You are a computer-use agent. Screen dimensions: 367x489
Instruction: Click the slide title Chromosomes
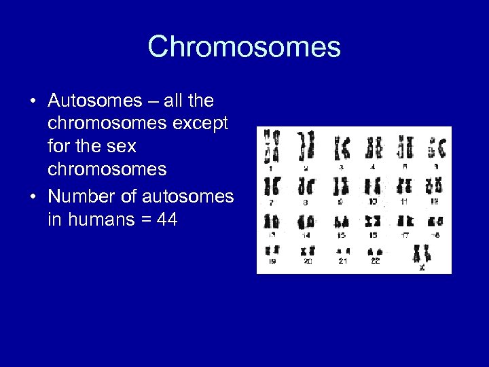pos(244,47)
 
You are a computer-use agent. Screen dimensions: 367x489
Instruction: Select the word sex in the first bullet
pos(120,145)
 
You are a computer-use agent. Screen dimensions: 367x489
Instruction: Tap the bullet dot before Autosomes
pos(33,102)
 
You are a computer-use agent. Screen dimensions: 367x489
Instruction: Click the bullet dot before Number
pos(33,197)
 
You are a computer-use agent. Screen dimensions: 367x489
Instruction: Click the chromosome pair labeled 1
pos(272,145)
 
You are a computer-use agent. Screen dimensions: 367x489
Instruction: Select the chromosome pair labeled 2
pos(306,145)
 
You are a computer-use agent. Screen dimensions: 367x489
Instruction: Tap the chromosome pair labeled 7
pos(272,186)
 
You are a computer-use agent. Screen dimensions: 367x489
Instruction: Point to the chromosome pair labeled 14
pos(306,222)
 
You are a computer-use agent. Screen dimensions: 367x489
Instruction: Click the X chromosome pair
pos(422,254)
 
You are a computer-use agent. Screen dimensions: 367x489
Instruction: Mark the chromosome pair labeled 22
pos(375,251)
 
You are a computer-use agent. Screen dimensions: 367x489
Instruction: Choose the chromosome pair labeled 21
pos(342,251)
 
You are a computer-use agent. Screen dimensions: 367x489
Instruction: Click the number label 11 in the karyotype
pos(404,202)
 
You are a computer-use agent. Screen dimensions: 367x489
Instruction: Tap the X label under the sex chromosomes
pos(422,267)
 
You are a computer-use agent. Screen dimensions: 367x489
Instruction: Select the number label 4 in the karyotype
pos(374,166)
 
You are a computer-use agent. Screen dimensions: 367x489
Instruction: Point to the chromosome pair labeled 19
pos(272,251)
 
